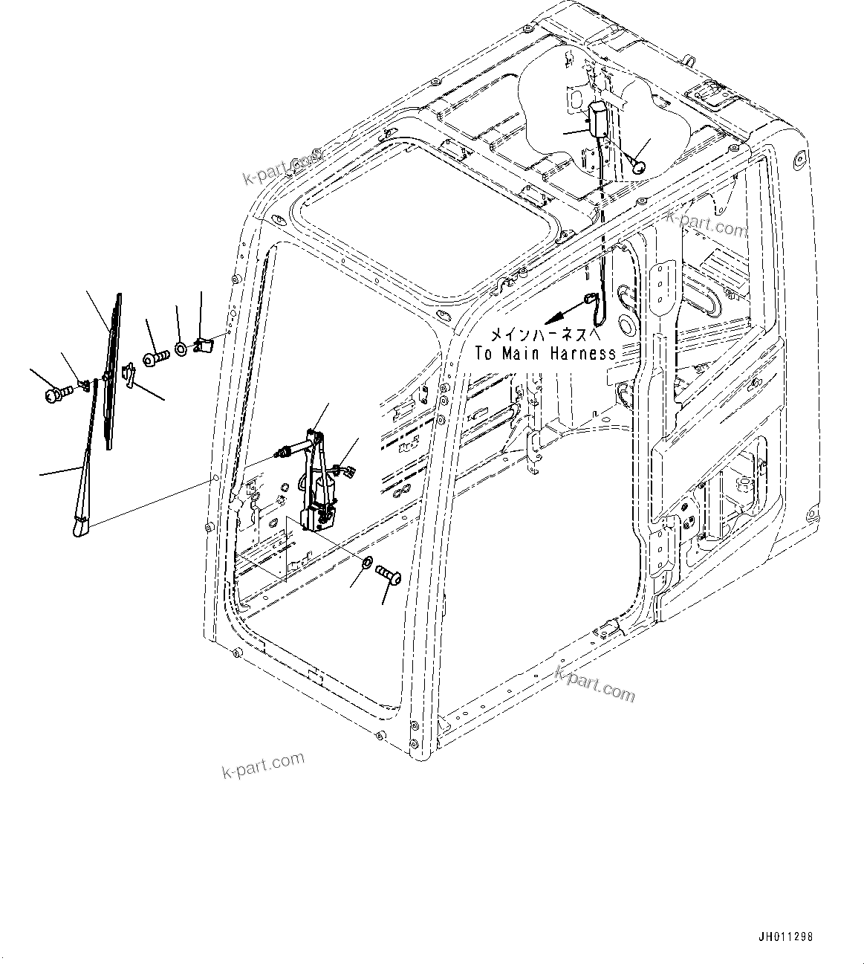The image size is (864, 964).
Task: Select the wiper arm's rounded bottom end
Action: [79, 527]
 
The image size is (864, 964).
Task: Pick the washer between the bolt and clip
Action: [181, 347]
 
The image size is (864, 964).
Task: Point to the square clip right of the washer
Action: [202, 345]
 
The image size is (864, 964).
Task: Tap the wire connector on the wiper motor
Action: [344, 469]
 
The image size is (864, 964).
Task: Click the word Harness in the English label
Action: [583, 354]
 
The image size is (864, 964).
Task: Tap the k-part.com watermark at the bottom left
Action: [264, 765]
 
